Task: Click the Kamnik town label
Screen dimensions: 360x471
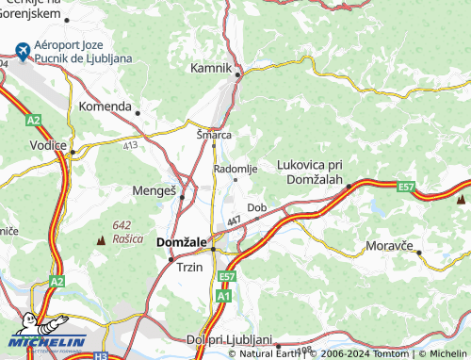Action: (211, 69)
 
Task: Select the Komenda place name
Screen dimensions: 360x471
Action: (105, 106)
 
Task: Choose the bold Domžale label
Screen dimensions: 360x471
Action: (180, 243)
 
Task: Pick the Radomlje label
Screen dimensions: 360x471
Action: (235, 168)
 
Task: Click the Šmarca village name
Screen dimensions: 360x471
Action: (213, 134)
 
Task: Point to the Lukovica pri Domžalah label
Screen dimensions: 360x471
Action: (309, 172)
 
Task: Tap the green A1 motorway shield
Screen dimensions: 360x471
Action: (223, 296)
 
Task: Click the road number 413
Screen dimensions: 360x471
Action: (129, 145)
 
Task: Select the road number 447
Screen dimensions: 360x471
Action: (234, 221)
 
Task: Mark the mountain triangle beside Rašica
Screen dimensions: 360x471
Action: (101, 241)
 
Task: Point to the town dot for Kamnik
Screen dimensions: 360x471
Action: (238, 74)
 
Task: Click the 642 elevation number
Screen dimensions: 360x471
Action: (121, 224)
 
